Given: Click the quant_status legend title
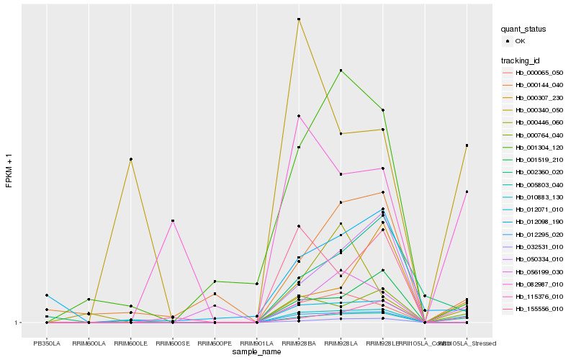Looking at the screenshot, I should point(524,29).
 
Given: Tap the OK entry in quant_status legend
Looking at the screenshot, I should point(519,41).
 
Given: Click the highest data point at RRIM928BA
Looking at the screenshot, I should point(299,19).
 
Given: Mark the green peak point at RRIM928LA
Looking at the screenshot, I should point(341,70).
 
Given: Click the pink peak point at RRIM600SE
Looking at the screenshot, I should point(173,220).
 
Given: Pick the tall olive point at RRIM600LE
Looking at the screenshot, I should point(130,159).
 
